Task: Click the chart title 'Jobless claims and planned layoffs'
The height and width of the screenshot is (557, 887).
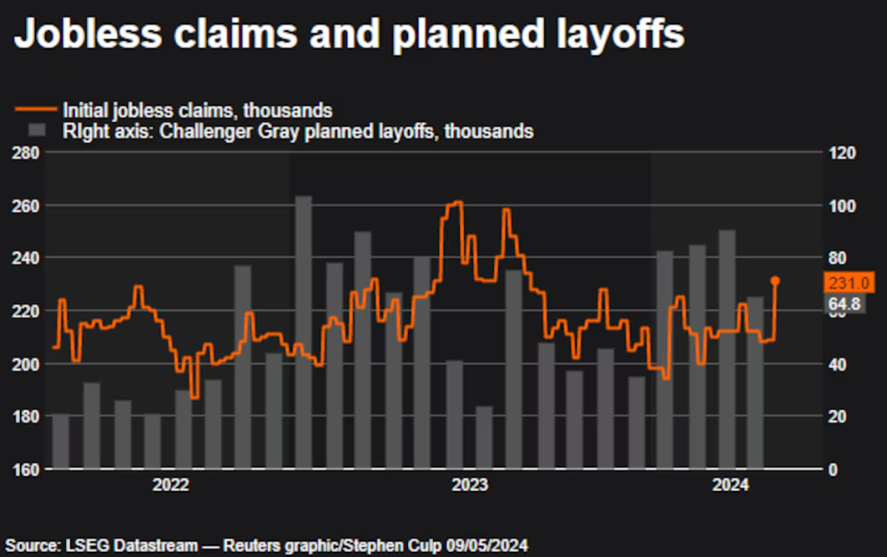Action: coord(350,36)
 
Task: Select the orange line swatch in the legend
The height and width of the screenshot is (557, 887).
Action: coord(36,110)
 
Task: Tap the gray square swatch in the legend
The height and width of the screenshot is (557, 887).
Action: coord(36,131)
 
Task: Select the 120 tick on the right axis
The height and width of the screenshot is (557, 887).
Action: coord(844,153)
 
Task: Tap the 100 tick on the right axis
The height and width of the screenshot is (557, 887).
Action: coord(844,206)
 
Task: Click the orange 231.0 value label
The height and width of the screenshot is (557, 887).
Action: coord(851,282)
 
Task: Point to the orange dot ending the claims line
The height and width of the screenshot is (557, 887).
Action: coord(775,281)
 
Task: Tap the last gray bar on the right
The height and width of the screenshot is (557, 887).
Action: coord(755,382)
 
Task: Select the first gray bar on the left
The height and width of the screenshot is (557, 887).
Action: coord(61,442)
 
